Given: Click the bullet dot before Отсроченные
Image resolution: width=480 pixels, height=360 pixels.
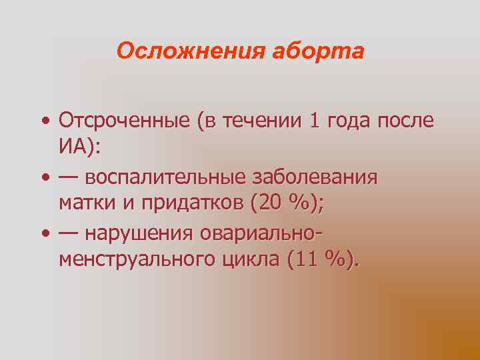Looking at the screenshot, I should coord(44,122).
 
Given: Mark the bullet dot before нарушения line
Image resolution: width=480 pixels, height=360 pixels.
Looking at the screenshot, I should coord(44,235).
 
